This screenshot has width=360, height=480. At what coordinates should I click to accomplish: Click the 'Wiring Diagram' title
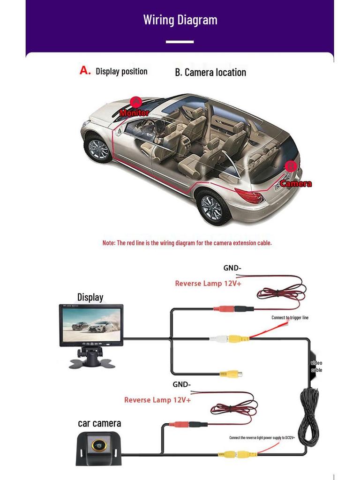(180, 20)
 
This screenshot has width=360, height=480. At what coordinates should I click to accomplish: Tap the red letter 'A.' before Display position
(85, 71)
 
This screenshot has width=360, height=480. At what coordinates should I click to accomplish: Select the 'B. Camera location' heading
(210, 72)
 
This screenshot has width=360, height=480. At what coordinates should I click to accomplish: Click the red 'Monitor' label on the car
(134, 112)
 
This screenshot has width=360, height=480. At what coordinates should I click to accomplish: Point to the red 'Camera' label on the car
(296, 183)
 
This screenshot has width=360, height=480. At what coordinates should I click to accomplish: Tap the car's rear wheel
(211, 206)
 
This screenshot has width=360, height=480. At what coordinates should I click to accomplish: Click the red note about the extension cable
(187, 243)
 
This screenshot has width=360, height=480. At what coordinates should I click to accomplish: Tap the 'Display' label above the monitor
(90, 297)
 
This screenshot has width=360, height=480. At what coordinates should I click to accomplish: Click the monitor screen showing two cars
(91, 324)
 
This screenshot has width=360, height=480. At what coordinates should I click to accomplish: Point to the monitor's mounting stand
(90, 359)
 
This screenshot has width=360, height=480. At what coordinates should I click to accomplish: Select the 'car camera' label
(99, 423)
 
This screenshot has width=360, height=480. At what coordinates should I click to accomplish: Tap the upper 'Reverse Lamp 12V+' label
(208, 284)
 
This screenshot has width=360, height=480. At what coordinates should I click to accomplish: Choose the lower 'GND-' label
(182, 385)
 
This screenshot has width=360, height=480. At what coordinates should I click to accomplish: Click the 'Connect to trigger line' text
(290, 318)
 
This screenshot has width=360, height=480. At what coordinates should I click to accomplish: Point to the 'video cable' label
(316, 367)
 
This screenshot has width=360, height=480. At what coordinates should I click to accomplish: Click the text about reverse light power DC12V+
(262, 437)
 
